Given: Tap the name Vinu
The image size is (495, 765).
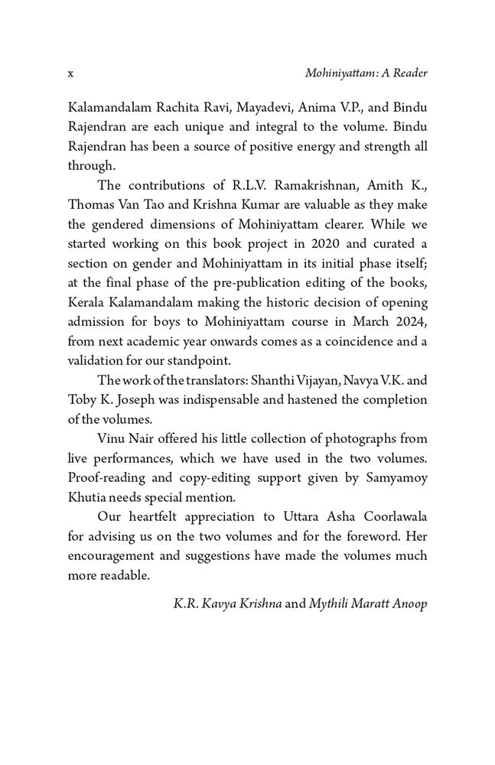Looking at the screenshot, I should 112,441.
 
